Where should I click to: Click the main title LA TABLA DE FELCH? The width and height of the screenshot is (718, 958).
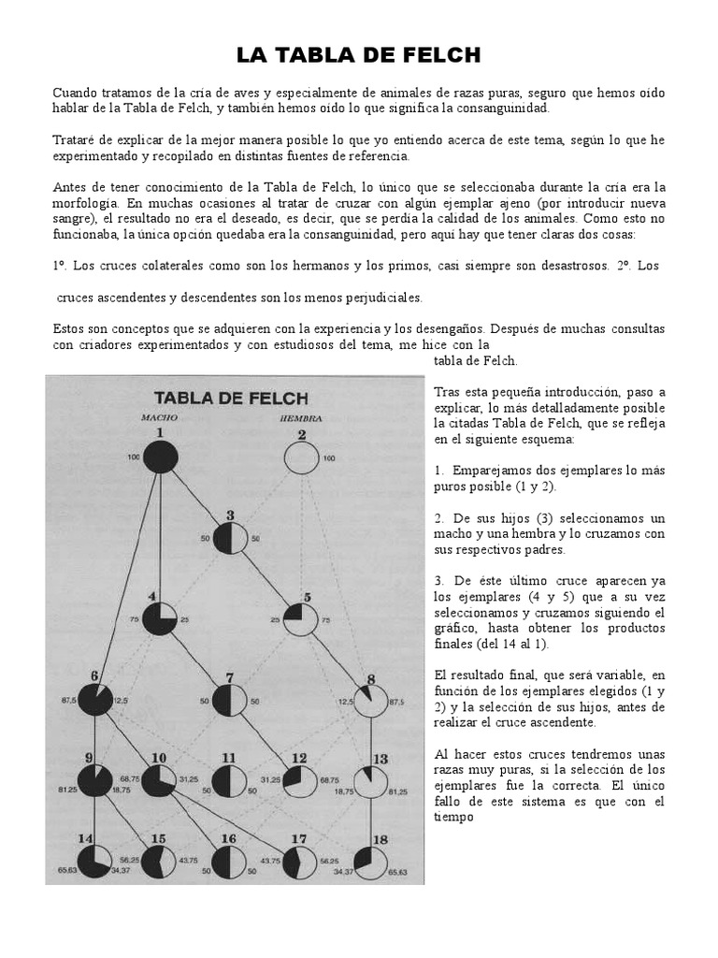point(358,56)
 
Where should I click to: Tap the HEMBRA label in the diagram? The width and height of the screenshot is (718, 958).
point(301,417)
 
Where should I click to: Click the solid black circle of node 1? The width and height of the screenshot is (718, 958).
point(161,457)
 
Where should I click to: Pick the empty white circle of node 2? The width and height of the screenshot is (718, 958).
point(301,458)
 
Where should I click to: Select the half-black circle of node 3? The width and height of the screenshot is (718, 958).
point(231,539)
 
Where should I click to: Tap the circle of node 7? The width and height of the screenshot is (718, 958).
point(231,701)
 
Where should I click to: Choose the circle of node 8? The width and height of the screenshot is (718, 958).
point(370,700)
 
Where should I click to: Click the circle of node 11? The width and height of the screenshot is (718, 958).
point(231,782)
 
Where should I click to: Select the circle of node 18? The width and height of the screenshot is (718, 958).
point(370,863)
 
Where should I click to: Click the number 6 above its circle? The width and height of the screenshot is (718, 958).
point(93,676)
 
